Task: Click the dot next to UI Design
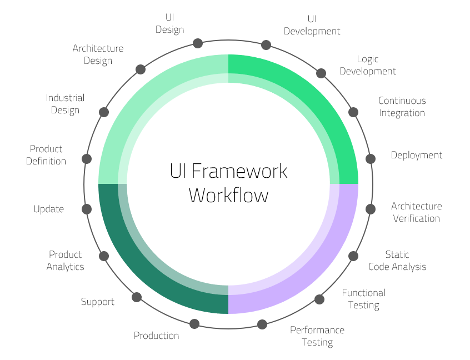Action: (197, 43)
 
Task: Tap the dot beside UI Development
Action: (266, 44)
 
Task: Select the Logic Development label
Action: (368, 65)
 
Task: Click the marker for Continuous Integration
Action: (353, 112)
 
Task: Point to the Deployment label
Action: (416, 155)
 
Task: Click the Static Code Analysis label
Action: (397, 261)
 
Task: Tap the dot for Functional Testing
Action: (319, 299)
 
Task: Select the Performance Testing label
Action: (317, 336)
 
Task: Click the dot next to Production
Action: (194, 323)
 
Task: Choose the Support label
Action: (98, 302)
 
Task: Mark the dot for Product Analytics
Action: (103, 256)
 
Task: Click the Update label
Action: (49, 209)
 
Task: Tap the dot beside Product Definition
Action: (87, 159)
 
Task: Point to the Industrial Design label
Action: (65, 104)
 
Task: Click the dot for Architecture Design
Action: (141, 69)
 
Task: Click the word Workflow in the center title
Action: (228, 196)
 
